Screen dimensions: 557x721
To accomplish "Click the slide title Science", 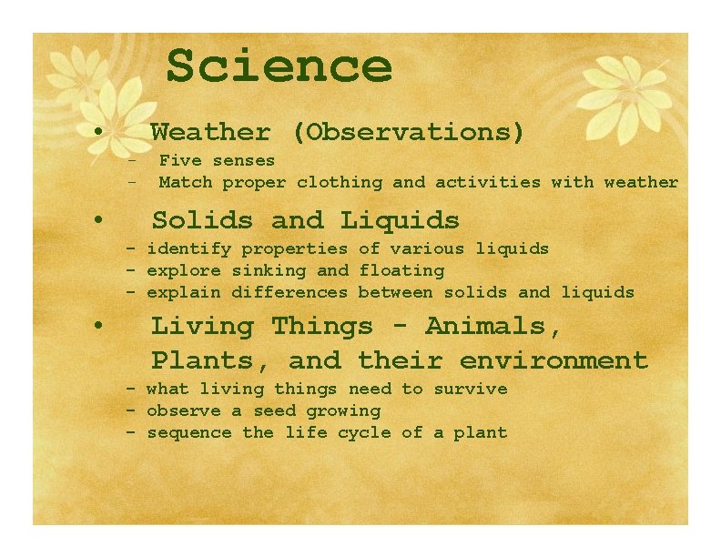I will (279, 66).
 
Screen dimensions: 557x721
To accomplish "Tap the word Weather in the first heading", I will (210, 133).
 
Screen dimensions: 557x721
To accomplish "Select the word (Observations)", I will (409, 133).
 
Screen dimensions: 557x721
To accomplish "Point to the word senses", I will (243, 160).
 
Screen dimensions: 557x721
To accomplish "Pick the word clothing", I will (340, 182).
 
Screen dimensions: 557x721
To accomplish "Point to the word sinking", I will (269, 270).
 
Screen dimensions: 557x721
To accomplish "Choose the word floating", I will (401, 270).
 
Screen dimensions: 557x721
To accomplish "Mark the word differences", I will (289, 292).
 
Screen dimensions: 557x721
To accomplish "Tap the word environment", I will (553, 360).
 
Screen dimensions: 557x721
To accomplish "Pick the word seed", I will (275, 410).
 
